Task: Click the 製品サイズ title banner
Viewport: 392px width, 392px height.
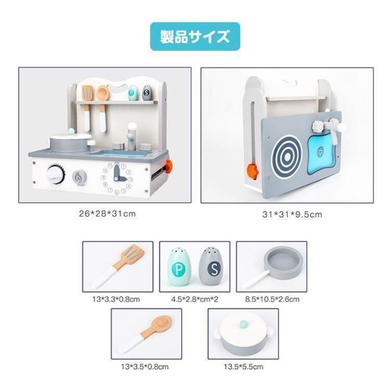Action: tap(195, 36)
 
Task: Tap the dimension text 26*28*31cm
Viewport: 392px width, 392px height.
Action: tap(107, 214)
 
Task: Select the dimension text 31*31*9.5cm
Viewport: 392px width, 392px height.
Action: tap(292, 214)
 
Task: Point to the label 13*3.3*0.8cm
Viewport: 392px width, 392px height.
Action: tap(116, 299)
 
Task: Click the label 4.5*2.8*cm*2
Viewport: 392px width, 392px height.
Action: tap(195, 299)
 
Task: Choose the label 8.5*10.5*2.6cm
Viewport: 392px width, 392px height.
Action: tap(272, 299)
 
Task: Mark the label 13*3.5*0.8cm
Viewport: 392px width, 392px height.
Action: tap(145, 367)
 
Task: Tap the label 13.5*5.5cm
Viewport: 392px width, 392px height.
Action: tap(244, 367)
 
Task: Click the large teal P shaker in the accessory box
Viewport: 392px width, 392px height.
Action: tap(179, 267)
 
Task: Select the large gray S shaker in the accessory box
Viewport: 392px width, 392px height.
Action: tap(211, 266)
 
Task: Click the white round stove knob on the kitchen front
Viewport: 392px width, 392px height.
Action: tap(56, 174)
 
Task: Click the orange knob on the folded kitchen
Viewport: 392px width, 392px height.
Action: tap(253, 171)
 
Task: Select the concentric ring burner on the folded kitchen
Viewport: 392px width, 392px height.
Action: tap(288, 157)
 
